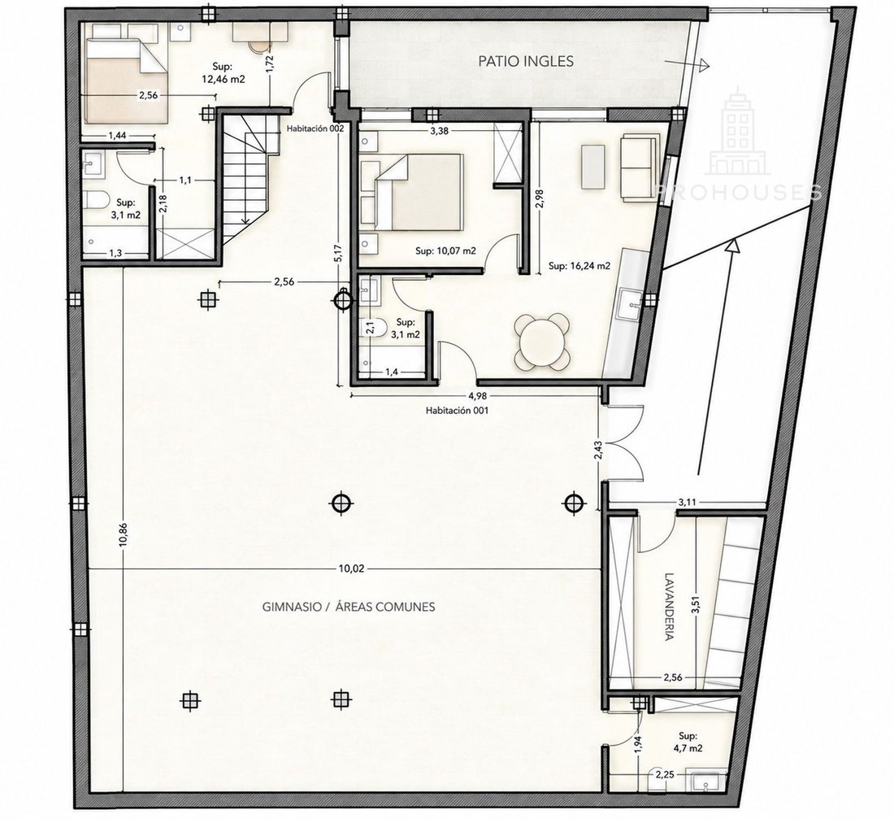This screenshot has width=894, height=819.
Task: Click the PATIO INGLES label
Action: click(x=526, y=61)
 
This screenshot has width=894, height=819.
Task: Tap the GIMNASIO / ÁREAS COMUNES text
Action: click(x=349, y=607)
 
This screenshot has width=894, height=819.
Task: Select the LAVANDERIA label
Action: click(x=670, y=606)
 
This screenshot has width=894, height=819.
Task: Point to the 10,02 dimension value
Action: click(x=351, y=569)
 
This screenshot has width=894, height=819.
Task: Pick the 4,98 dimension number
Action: click(x=478, y=395)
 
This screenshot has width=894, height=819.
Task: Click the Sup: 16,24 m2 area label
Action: click(x=579, y=266)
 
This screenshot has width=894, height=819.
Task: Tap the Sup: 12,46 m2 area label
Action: click(x=223, y=72)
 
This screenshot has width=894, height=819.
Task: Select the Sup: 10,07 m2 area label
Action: click(x=445, y=250)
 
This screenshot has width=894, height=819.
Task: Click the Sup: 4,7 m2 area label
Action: click(x=688, y=743)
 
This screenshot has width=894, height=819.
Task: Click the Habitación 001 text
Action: click(x=458, y=410)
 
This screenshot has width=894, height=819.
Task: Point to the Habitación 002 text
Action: click(x=315, y=129)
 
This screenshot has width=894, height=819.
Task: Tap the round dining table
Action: click(x=542, y=342)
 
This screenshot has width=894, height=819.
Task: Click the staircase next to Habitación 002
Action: click(x=244, y=177)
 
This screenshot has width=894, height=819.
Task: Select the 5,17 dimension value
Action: click(x=338, y=253)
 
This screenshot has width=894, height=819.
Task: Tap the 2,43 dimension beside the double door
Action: click(x=597, y=450)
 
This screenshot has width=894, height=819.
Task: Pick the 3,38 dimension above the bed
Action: click(x=439, y=131)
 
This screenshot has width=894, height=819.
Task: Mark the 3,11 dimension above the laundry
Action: click(x=687, y=503)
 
